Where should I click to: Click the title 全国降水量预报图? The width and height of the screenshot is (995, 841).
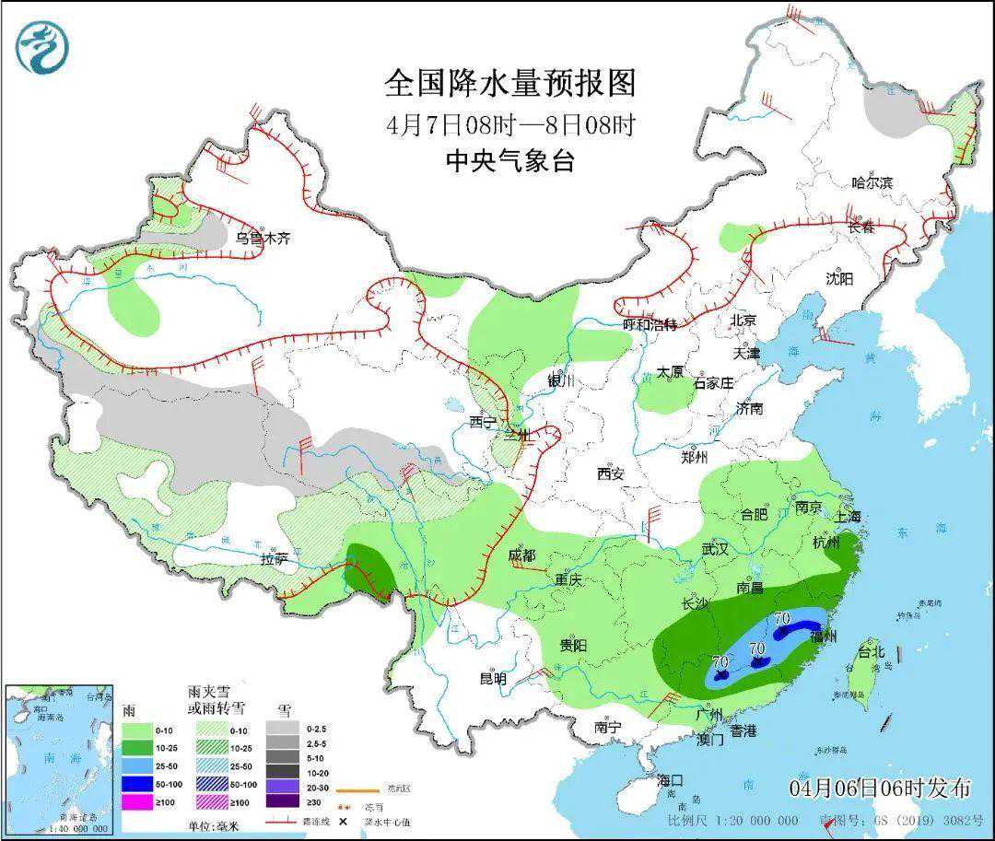510,84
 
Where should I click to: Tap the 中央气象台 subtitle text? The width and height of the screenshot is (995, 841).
510,162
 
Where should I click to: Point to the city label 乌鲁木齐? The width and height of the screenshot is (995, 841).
263,238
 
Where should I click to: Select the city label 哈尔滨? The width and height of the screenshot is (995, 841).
872,182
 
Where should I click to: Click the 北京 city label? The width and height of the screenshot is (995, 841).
743,321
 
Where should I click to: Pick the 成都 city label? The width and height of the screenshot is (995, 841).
521,555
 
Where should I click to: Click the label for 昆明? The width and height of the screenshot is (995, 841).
493,679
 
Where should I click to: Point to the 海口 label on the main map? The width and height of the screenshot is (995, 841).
671,780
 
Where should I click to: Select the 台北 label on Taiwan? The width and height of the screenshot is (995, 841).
871,652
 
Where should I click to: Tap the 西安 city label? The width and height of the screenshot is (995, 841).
610,473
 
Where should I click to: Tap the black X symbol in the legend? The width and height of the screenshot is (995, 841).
343,821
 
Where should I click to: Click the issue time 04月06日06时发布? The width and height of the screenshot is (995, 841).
879,788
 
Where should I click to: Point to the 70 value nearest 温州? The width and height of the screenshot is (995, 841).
783,617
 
